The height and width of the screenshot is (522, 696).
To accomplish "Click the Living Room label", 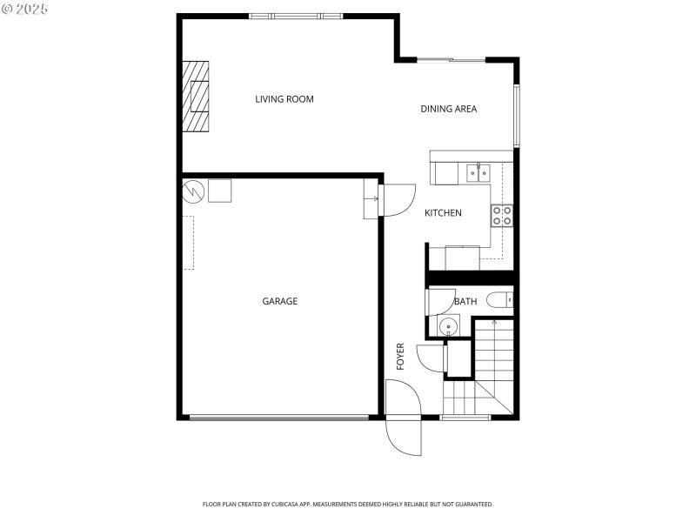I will (284, 99).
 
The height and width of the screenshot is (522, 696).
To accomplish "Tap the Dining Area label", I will (449, 109).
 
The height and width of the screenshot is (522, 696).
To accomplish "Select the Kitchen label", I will (443, 213).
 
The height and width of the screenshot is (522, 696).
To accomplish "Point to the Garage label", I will (280, 301).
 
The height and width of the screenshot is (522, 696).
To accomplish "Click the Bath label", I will (465, 302).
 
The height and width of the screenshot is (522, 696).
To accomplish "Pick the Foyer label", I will (401, 357).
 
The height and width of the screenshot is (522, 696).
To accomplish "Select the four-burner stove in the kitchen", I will (502, 215).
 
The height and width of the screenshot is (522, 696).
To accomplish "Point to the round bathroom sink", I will (447, 327).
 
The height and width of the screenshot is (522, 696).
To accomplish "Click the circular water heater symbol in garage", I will (193, 190).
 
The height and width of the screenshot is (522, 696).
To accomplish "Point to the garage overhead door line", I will (278, 418).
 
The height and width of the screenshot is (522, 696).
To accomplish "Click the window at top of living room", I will (296, 16).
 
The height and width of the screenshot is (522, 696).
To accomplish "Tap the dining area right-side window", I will (516, 116).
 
